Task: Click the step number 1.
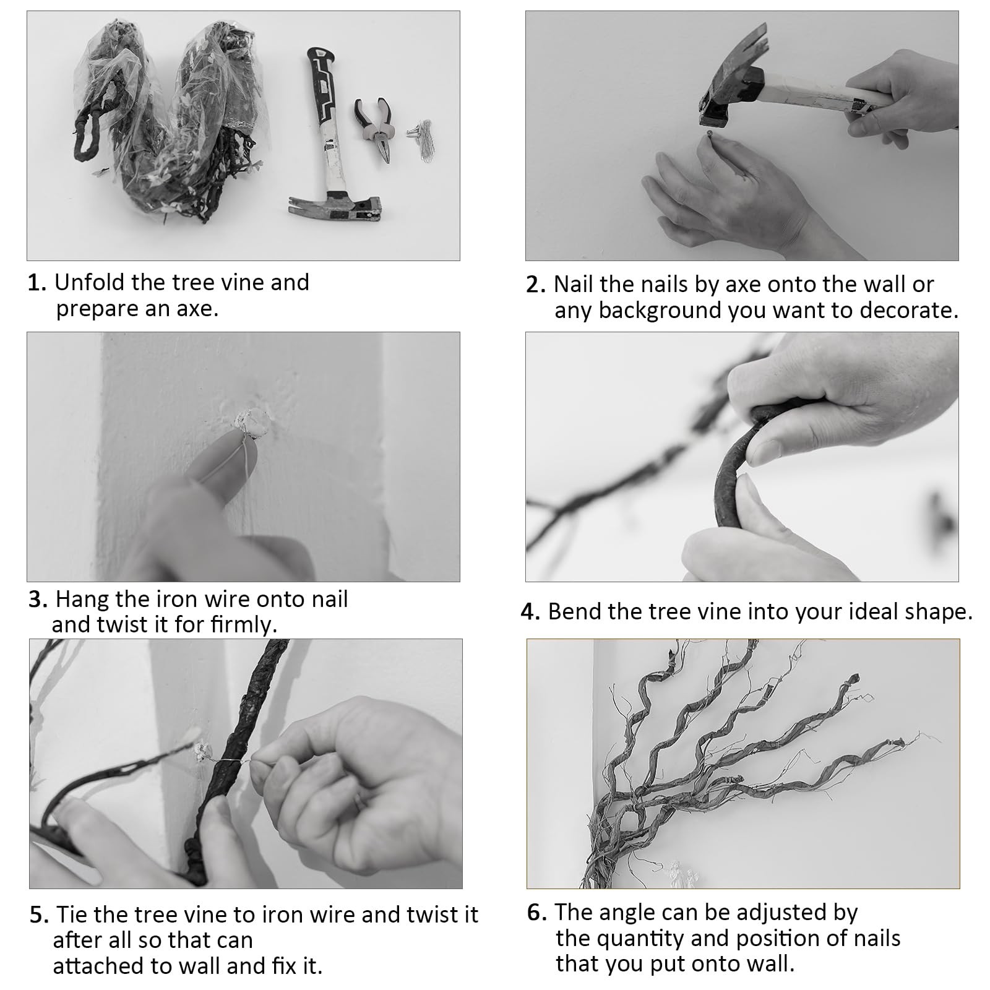point(37,283)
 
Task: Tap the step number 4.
point(530,612)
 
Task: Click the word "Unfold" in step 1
point(90,282)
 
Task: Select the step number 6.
point(537,913)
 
